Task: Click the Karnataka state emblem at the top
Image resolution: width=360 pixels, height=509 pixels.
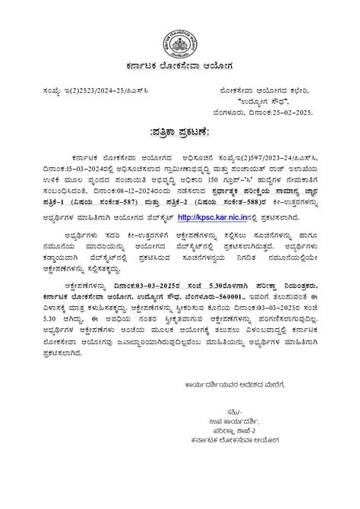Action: (181, 35)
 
